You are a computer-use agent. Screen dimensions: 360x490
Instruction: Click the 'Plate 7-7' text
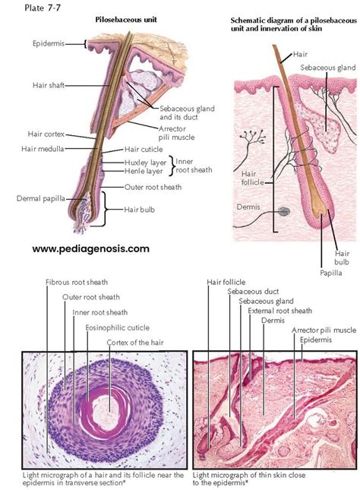pyautogui.click(x=43, y=8)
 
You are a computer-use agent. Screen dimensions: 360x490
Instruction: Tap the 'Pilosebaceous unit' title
pyautogui.click(x=126, y=20)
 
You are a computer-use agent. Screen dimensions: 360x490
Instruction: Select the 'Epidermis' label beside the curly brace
pyautogui.click(x=49, y=43)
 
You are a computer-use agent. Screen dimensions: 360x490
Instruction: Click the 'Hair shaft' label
pyautogui.click(x=49, y=85)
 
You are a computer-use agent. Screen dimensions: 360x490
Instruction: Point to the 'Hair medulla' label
pyautogui.click(x=43, y=149)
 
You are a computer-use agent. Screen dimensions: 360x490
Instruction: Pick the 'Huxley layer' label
pyautogui.click(x=145, y=163)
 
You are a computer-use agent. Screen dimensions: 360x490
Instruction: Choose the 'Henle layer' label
pyautogui.click(x=144, y=171)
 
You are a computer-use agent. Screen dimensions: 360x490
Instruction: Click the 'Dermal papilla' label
pyautogui.click(x=41, y=199)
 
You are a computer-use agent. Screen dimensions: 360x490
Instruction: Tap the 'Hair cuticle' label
pyautogui.click(x=144, y=150)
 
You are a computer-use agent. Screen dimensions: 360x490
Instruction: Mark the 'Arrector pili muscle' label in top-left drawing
pyautogui.click(x=176, y=133)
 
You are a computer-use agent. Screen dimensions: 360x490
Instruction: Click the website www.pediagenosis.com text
pyautogui.click(x=90, y=249)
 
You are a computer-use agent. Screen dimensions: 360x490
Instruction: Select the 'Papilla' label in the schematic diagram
pyautogui.click(x=330, y=273)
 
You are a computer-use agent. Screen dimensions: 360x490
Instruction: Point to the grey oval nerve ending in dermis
pyautogui.click(x=284, y=212)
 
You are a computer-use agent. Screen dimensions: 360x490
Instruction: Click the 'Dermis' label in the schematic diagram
pyautogui.click(x=248, y=207)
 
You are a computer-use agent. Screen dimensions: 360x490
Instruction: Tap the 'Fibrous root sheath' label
pyautogui.click(x=77, y=282)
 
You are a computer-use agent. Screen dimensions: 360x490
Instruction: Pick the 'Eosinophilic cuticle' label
pyautogui.click(x=118, y=328)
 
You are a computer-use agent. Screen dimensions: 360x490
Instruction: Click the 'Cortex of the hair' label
pyautogui.click(x=135, y=343)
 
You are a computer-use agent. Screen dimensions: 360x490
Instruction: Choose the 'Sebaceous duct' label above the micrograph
pyautogui.click(x=253, y=292)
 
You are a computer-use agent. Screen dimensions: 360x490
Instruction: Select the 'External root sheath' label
pyautogui.click(x=280, y=311)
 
